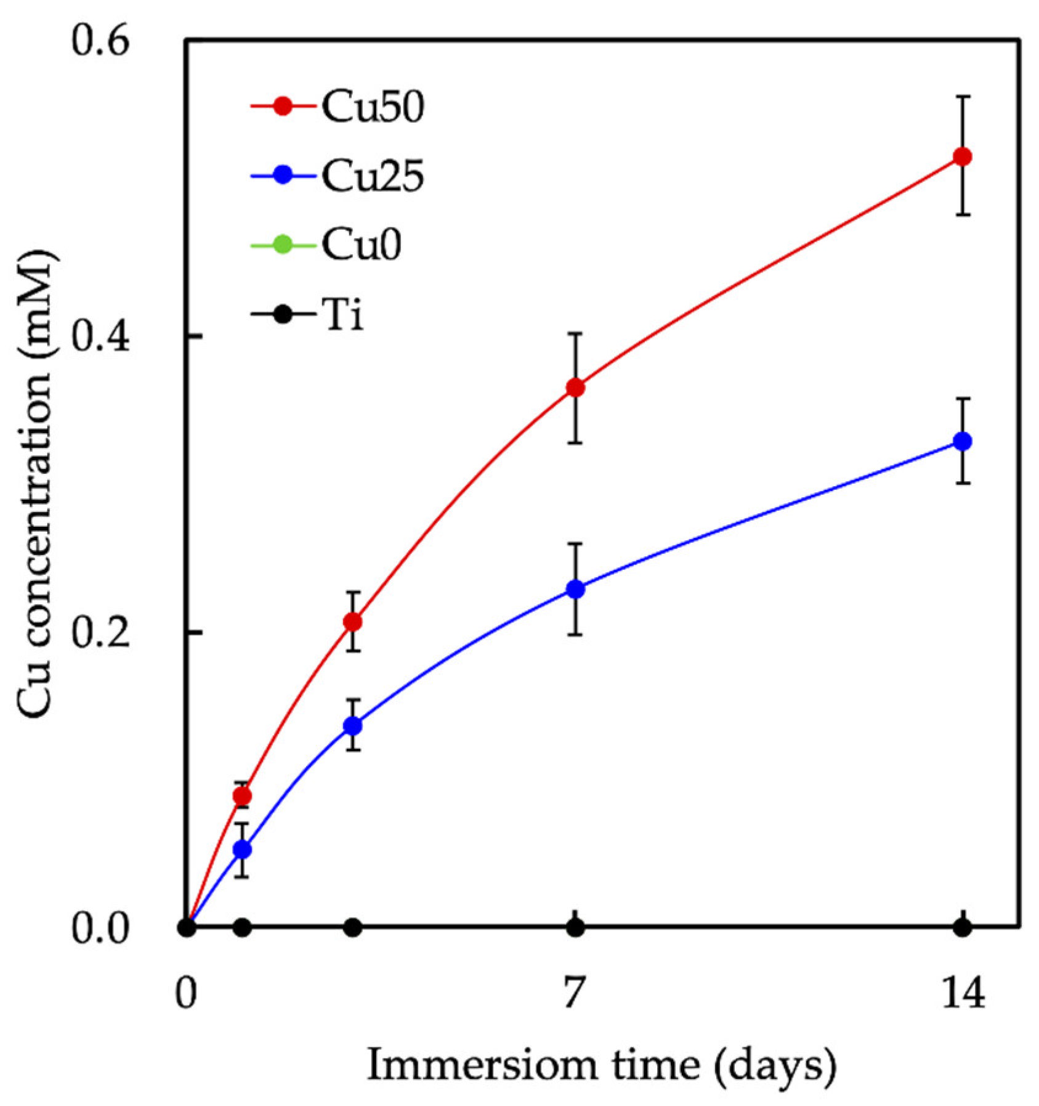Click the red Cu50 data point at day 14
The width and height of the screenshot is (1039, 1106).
pyautogui.click(x=962, y=157)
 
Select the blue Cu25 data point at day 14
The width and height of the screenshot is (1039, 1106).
pyautogui.click(x=962, y=441)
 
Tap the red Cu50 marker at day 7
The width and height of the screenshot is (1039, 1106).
pyautogui.click(x=575, y=388)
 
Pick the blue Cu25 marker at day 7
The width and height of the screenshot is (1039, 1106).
pyautogui.click(x=575, y=589)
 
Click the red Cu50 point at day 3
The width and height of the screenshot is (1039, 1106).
pyautogui.click(x=352, y=622)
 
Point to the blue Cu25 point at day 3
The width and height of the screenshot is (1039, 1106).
pyautogui.click(x=352, y=725)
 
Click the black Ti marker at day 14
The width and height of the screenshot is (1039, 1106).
pyautogui.click(x=962, y=927)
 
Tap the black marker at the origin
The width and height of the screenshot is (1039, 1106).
pyautogui.click(x=187, y=927)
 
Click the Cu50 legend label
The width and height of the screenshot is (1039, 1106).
pyautogui.click(x=373, y=107)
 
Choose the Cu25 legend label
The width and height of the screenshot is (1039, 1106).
pyautogui.click(x=373, y=176)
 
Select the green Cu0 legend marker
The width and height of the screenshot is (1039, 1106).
pyautogui.click(x=282, y=245)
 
